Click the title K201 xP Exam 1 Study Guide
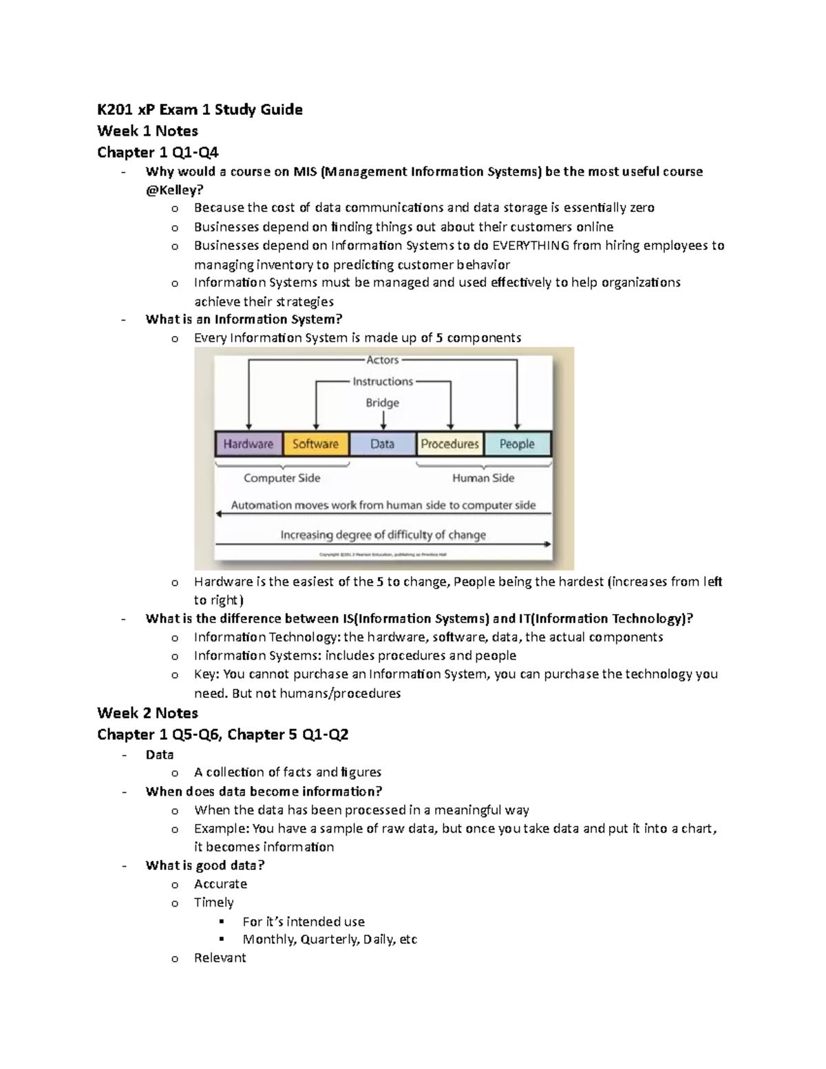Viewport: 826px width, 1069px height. click(200, 109)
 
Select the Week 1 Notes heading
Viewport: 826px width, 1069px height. click(147, 131)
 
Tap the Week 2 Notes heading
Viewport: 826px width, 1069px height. click(147, 712)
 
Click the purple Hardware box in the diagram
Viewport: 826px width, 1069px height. click(248, 444)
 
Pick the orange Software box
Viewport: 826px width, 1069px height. click(315, 444)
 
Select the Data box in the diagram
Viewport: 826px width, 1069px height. click(382, 444)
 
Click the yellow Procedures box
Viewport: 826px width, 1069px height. click(449, 444)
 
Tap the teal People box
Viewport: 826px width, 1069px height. click(517, 444)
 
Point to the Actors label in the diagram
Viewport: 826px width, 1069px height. click(382, 359)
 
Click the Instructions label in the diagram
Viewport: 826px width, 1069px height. click(383, 381)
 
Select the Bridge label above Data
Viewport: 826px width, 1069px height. click(382, 403)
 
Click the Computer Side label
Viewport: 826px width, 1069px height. click(282, 478)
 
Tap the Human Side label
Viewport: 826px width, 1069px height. click(483, 478)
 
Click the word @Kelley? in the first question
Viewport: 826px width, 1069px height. click(174, 190)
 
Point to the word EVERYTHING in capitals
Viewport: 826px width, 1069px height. click(531, 246)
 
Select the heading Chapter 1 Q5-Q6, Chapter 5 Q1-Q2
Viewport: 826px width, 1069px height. click(222, 734)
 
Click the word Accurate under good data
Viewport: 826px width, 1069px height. click(220, 884)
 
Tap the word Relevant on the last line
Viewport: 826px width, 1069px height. click(220, 957)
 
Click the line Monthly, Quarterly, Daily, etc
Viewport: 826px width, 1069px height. click(330, 939)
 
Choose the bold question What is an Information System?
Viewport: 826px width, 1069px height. click(244, 319)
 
